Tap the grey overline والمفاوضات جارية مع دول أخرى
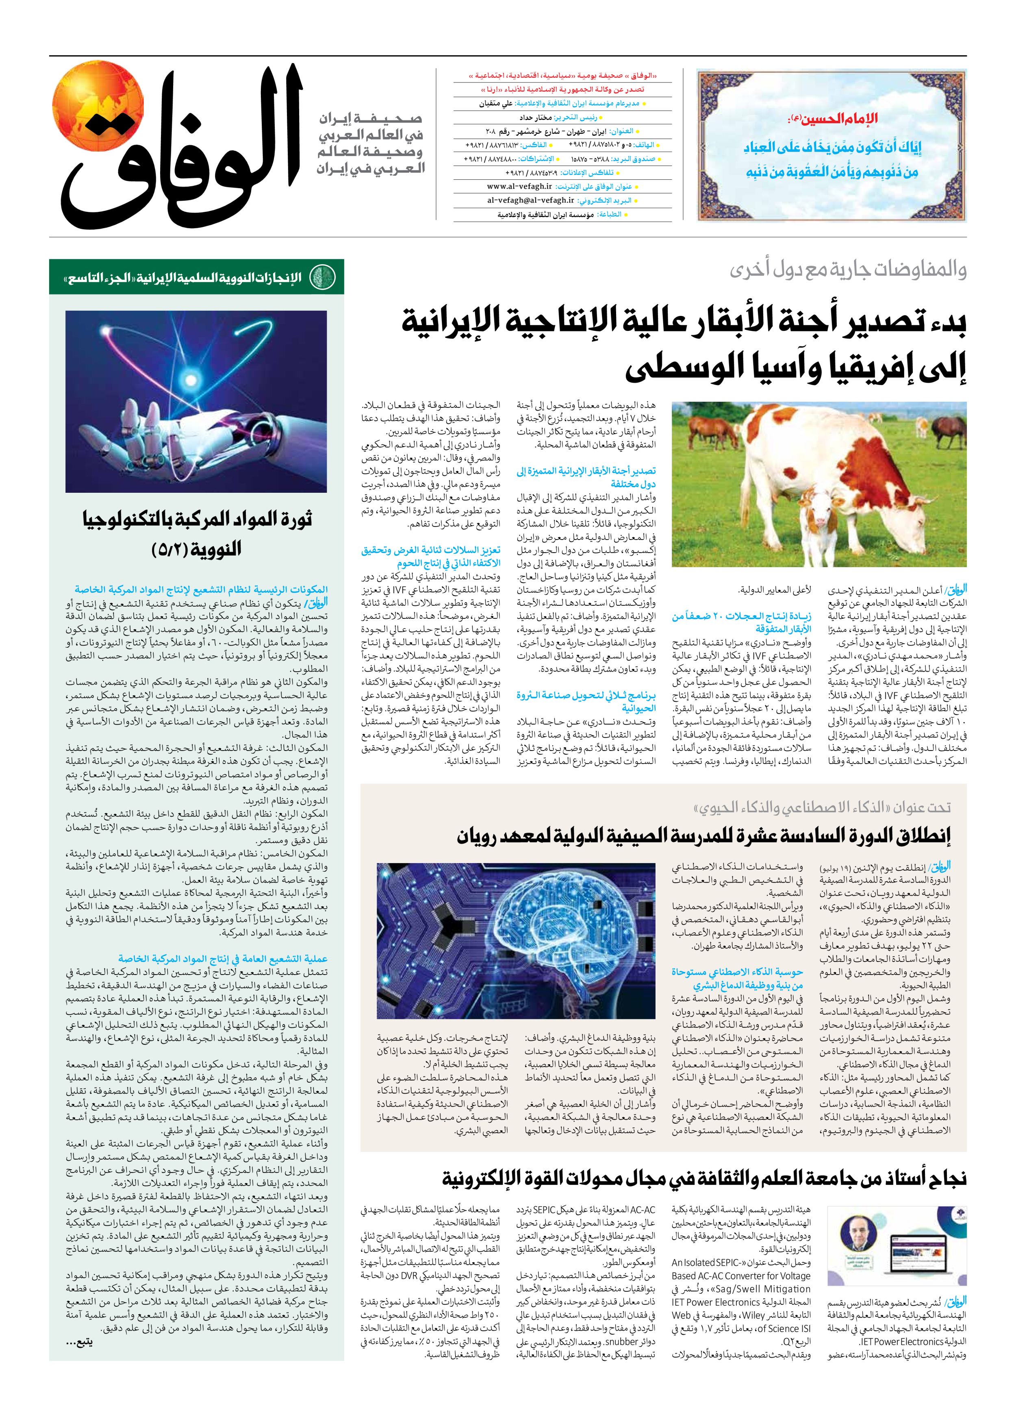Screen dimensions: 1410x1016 (x=848, y=269)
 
